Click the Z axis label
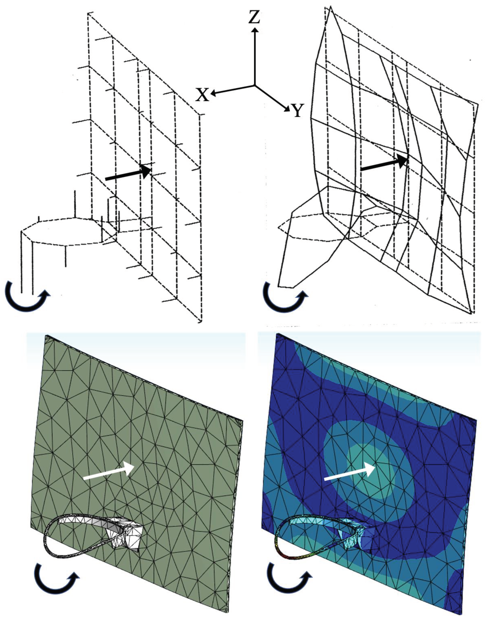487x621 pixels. tap(254, 17)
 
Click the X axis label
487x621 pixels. tap(202, 95)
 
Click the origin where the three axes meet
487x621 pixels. tap(255, 85)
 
